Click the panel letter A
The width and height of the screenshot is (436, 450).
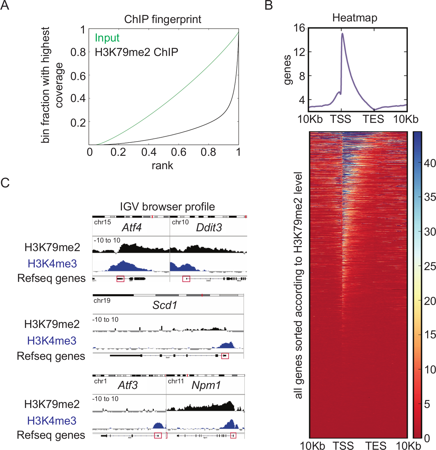[x=5, y=5]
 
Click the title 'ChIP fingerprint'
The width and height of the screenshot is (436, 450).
[x=163, y=19]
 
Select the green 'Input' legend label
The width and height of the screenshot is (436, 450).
[x=107, y=38]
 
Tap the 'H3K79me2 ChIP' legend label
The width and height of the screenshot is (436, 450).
[x=136, y=52]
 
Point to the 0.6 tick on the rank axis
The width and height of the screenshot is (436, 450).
[x=179, y=152]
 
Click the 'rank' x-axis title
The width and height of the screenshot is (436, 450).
[x=162, y=165]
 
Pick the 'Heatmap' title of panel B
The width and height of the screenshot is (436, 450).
[x=355, y=18]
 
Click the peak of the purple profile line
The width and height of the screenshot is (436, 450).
[x=342, y=34]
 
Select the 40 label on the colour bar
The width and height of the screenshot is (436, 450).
[x=430, y=163]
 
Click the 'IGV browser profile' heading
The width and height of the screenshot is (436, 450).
[x=167, y=207]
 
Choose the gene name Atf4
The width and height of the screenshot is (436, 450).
[x=132, y=228]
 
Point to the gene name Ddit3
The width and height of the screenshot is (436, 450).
[x=209, y=228]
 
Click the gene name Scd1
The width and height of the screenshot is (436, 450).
[x=165, y=305]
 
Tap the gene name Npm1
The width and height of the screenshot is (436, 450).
[x=206, y=385]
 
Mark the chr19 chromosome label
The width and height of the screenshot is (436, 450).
[x=102, y=301]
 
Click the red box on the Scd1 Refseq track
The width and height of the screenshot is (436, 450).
[x=225, y=356]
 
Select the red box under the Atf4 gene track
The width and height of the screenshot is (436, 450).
[x=120, y=279]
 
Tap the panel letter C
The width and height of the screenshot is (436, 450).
[x=5, y=183]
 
